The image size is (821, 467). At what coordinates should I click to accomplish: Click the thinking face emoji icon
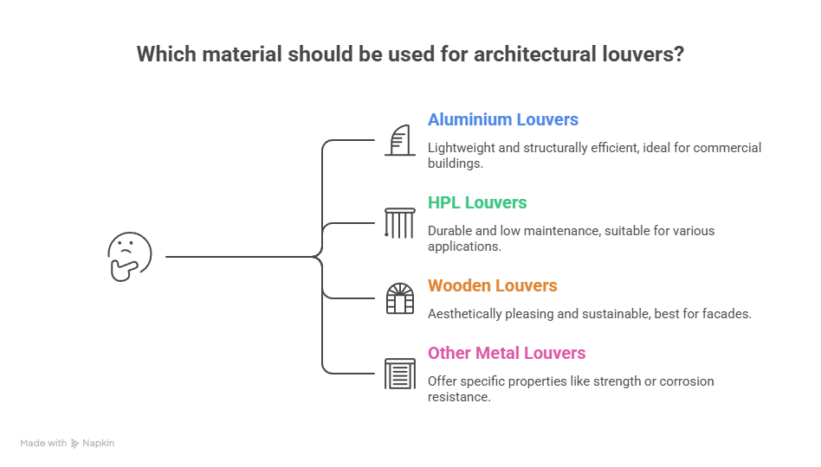pos(130,257)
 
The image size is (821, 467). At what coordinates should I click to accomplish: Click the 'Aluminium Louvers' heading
pos(502,119)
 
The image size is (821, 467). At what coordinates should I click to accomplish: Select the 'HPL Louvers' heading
pos(477,202)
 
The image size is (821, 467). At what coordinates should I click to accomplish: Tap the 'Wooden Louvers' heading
pos(492,285)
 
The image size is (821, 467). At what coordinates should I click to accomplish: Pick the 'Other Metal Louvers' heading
pos(507,353)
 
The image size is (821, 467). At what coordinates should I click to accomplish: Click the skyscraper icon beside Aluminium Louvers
pos(399,140)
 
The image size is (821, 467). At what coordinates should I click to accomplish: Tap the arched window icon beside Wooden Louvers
pos(399,298)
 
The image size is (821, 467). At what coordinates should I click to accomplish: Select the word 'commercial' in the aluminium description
pos(724,148)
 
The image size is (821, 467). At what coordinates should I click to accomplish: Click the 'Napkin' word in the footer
pos(99,443)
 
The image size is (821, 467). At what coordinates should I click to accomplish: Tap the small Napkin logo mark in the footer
pos(75,443)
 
